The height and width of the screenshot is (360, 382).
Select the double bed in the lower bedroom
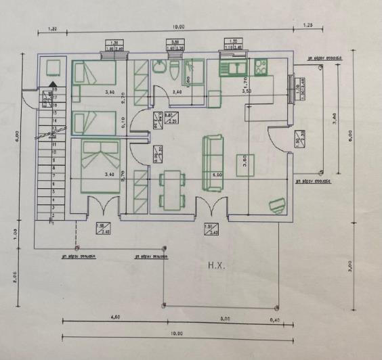coord(100,165)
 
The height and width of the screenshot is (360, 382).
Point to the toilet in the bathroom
coord(175,70)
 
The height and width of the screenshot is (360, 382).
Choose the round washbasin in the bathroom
coord(159,66)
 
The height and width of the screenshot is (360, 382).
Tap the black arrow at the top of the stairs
coord(50,85)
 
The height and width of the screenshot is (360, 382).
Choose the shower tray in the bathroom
coord(197,71)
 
